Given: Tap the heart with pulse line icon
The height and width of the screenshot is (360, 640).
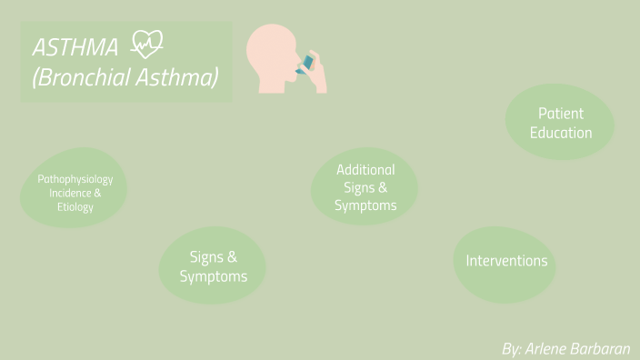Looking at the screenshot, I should [x=147, y=45].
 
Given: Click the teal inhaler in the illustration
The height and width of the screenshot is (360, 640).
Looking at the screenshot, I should [x=308, y=63].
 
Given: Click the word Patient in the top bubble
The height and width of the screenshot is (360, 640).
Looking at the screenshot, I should [x=561, y=114].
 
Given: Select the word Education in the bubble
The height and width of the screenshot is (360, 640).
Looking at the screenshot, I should [x=561, y=133].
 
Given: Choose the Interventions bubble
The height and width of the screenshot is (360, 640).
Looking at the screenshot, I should [x=506, y=262].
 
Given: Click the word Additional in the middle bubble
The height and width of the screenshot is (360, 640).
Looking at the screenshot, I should [x=365, y=169].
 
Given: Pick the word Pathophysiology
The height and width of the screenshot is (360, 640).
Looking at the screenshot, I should [x=75, y=179].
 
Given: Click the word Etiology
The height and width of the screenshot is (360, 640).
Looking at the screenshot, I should [x=75, y=207].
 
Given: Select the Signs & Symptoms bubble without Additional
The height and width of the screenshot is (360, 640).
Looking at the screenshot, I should [x=214, y=266].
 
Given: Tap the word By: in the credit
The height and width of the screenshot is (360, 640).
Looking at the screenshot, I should [x=512, y=348].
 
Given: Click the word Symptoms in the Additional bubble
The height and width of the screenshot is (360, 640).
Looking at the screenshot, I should [x=365, y=205].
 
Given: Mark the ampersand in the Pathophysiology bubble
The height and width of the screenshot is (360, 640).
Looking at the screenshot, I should [x=97, y=193].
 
